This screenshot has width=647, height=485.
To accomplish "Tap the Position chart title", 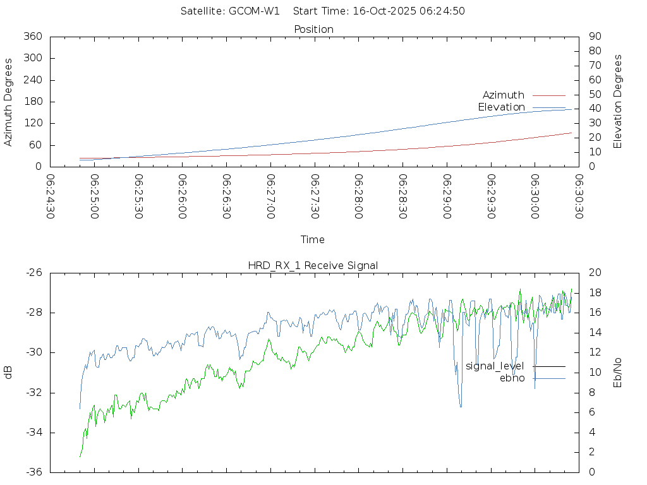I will (314, 29).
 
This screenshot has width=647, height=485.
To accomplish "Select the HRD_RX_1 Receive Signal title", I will (313, 265).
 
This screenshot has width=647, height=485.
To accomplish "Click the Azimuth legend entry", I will (504, 95).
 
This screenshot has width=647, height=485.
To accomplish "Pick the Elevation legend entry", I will (501, 107).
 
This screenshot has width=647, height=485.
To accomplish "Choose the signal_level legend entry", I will (495, 366).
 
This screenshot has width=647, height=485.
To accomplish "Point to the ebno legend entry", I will (512, 378).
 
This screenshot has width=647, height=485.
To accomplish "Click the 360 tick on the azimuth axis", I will (32, 37).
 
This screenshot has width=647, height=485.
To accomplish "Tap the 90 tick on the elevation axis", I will (595, 37).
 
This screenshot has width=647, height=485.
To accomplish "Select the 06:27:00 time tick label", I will (270, 197).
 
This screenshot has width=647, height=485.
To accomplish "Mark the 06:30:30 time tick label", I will (579, 197).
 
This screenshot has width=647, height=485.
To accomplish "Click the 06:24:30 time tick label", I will (51, 197).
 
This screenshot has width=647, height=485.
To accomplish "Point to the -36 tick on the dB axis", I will (33, 472).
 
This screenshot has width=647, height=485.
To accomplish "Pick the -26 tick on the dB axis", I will (33, 272).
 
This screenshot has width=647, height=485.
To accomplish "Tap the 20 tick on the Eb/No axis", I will (595, 272).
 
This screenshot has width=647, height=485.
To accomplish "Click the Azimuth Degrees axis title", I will (8, 102).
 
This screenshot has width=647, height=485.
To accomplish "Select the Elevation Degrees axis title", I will (618, 102).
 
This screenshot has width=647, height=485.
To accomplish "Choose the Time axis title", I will (313, 239).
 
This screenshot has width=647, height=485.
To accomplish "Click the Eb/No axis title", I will (618, 372).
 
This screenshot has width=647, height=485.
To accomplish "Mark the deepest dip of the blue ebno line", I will (461, 407).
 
